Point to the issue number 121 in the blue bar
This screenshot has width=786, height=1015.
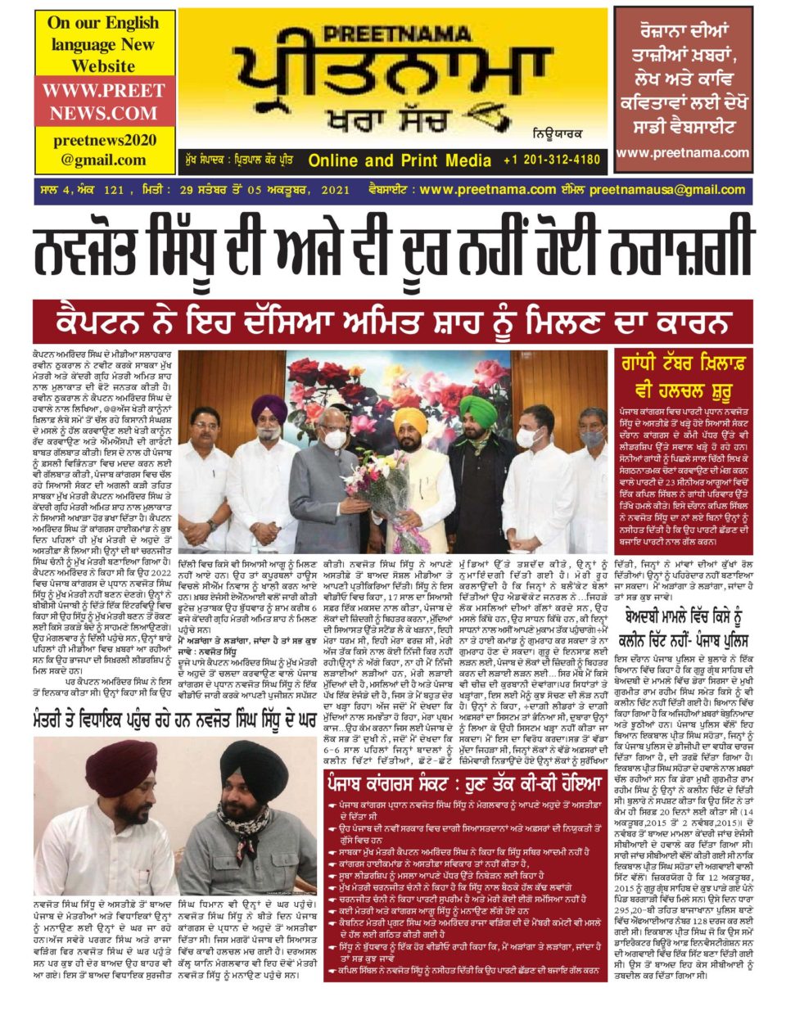(x=114, y=190)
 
